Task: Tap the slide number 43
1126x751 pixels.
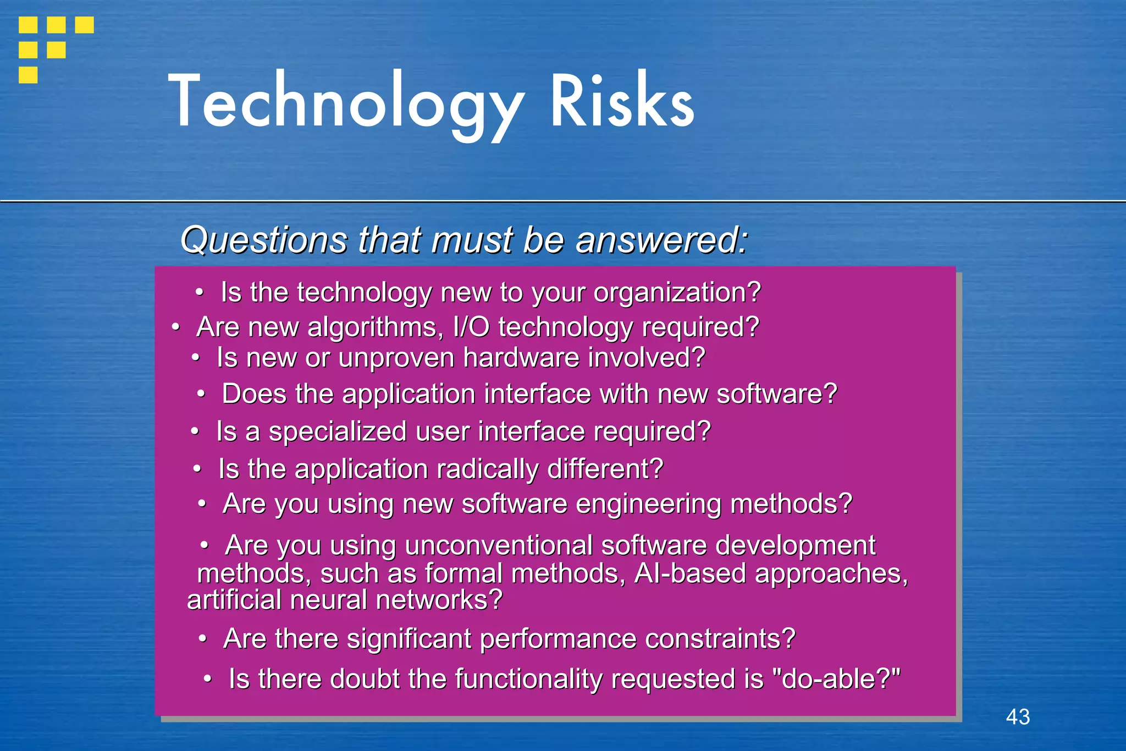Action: [1018, 717]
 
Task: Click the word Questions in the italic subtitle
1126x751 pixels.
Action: [264, 240]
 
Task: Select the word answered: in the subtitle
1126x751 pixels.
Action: [661, 240]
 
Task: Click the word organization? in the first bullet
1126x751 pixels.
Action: [677, 292]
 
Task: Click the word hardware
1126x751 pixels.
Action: [521, 358]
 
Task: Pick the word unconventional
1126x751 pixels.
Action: [499, 546]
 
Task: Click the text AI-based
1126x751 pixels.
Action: [690, 573]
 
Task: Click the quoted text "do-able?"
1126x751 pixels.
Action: [836, 679]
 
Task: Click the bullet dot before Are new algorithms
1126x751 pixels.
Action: [175, 327]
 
